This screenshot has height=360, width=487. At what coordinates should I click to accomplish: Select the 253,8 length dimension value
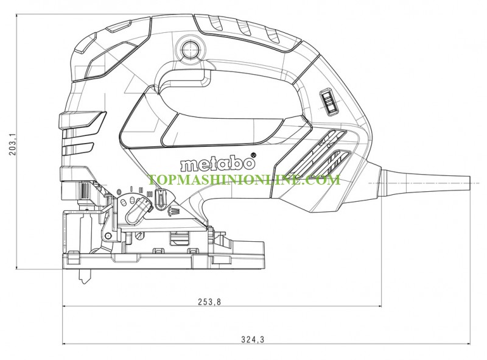(x=209, y=302)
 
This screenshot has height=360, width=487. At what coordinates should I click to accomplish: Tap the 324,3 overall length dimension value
(x=253, y=339)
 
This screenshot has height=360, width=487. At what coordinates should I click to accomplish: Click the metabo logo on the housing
(x=217, y=163)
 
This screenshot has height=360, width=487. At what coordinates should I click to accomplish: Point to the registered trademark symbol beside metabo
(x=253, y=155)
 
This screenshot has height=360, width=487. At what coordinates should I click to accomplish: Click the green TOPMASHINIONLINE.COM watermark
(x=244, y=179)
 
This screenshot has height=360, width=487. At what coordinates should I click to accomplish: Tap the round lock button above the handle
(x=190, y=49)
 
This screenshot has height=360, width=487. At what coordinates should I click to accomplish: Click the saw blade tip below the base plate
(x=85, y=278)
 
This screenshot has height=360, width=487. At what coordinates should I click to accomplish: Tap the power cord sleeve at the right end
(x=425, y=183)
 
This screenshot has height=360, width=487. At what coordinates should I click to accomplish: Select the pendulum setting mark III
(x=149, y=194)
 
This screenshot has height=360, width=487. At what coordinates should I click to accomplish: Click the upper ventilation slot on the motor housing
(x=314, y=152)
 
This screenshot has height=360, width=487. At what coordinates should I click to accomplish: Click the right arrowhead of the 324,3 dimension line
(x=468, y=344)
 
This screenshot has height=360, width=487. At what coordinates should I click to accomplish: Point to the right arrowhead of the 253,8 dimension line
(x=379, y=306)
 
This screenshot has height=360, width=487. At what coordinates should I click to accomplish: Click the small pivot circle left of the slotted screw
(x=108, y=236)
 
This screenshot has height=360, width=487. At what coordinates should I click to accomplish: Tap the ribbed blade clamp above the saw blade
(x=85, y=189)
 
